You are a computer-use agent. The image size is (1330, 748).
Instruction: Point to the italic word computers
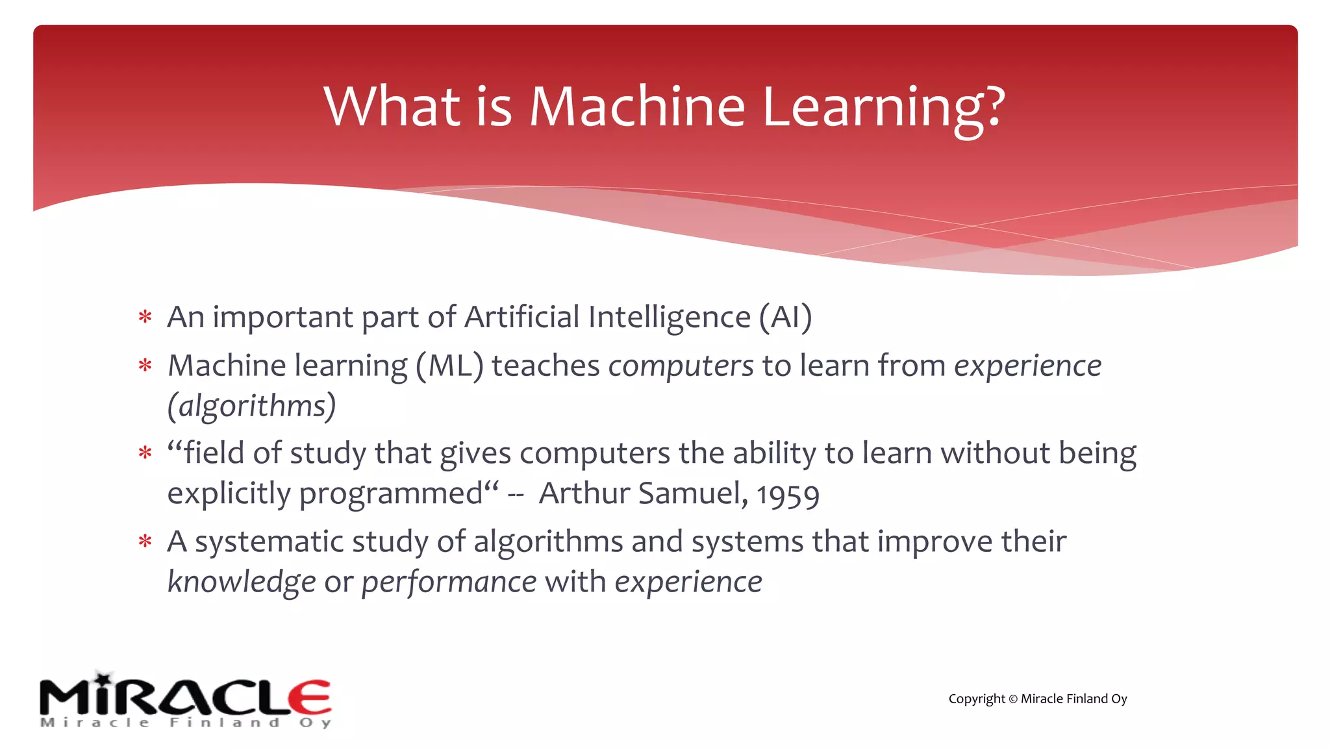(681, 366)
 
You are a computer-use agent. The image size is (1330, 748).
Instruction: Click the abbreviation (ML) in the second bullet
(449, 366)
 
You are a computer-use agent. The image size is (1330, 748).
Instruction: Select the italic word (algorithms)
(252, 406)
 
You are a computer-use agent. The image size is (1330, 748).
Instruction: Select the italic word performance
(449, 582)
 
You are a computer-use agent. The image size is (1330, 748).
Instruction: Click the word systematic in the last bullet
(269, 542)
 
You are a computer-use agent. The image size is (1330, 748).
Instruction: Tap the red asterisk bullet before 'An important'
(145, 318)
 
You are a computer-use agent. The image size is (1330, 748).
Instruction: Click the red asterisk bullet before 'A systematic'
(145, 542)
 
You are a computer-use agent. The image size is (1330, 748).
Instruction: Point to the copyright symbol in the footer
(1012, 699)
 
